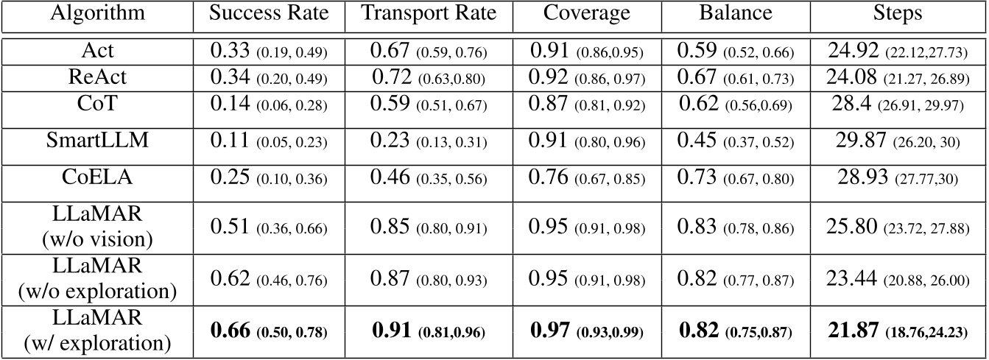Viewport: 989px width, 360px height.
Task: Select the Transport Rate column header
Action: [420, 14]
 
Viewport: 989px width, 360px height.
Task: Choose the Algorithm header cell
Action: [96, 14]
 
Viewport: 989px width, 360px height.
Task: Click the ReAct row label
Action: [96, 76]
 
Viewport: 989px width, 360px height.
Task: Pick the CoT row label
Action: [96, 102]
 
